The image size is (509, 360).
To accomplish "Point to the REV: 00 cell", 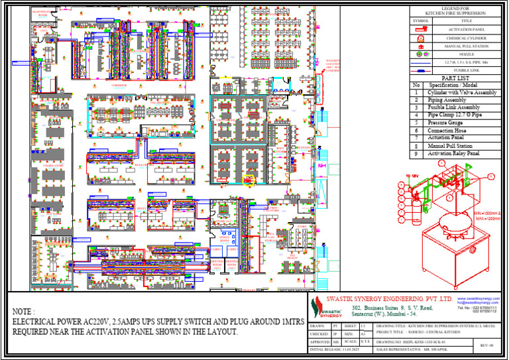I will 486,345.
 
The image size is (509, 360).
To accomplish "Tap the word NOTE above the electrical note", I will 23,311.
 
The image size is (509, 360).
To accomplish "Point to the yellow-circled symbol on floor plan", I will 251,179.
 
